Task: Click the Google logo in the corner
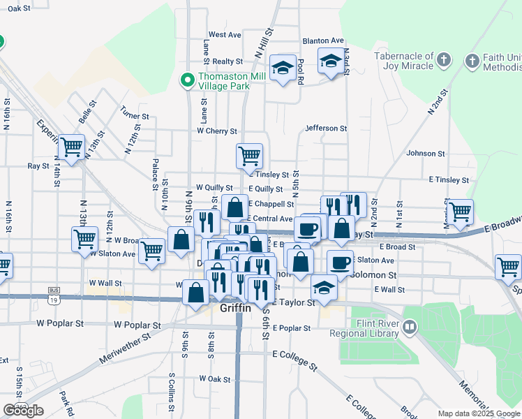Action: (x=23, y=411)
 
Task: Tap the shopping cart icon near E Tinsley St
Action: (x=249, y=155)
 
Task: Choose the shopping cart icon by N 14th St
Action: (x=71, y=147)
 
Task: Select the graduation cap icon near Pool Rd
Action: (x=283, y=68)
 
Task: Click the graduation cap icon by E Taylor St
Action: (x=324, y=287)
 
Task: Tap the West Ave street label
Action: (x=225, y=34)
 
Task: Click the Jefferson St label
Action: (x=326, y=128)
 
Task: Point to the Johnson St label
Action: (x=426, y=153)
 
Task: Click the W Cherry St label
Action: (x=218, y=131)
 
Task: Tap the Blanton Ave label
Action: (x=323, y=41)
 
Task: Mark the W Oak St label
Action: (x=214, y=378)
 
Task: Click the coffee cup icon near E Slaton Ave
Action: (x=340, y=262)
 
